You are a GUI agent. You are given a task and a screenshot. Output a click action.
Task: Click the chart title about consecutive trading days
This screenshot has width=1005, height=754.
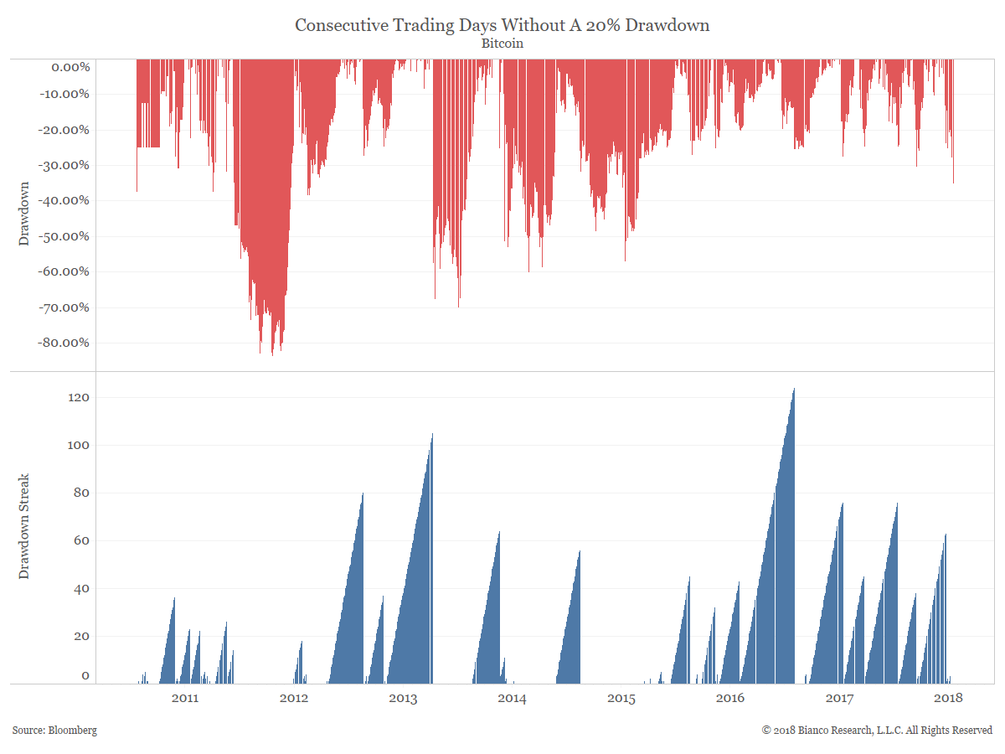tap(502, 25)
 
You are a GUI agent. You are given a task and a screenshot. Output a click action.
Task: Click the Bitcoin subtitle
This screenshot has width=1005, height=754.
tap(502, 44)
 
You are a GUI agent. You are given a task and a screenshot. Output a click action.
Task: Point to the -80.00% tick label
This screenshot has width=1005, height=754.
tap(64, 343)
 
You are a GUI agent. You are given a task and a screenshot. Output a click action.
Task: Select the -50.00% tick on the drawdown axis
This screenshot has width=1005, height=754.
tap(64, 236)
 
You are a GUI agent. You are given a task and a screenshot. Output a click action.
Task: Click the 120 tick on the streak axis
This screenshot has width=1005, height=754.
tap(80, 398)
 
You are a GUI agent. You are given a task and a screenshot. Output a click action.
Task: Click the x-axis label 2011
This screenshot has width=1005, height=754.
tap(184, 698)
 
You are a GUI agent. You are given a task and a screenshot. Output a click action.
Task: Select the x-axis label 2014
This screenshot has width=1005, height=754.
tap(512, 698)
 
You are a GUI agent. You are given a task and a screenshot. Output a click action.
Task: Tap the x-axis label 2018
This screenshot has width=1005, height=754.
tap(948, 698)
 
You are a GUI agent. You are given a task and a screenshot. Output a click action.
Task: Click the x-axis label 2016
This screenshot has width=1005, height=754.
tap(730, 698)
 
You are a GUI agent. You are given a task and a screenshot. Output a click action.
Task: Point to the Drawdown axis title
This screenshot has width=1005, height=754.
tap(23, 214)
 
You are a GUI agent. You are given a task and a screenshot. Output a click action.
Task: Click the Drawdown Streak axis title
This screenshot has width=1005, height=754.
tap(23, 526)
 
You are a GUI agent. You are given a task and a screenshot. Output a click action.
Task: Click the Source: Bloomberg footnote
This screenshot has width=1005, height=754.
tap(54, 731)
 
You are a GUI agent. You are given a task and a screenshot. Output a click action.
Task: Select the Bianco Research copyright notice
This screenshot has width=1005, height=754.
tap(877, 731)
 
